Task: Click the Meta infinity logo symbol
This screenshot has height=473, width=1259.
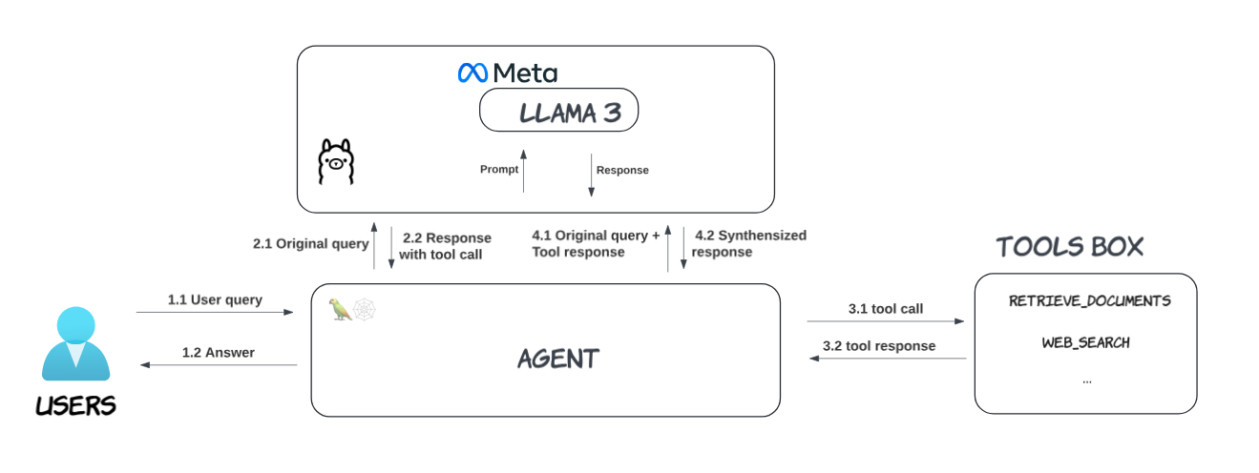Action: point(473,72)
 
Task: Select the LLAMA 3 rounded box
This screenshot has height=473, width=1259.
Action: point(558,113)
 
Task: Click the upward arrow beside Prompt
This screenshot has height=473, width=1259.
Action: point(523,171)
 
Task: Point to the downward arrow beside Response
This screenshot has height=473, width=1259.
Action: point(591,175)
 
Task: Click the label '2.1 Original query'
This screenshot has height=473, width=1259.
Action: point(310,244)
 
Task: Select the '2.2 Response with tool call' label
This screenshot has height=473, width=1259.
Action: point(446,246)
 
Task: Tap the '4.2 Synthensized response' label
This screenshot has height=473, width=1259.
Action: point(749,244)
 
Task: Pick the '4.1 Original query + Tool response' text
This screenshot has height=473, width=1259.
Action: point(595,244)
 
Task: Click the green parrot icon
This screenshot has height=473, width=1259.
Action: point(340,309)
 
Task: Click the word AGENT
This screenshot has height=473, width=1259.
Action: point(558,359)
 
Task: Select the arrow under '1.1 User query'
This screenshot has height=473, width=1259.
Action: point(215,312)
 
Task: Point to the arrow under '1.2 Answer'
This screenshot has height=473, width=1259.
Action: point(219,365)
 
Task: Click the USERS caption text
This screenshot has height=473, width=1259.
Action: point(75,406)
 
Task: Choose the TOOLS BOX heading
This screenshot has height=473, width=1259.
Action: point(1069,247)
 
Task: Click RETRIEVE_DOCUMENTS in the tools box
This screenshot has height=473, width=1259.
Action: point(1089,301)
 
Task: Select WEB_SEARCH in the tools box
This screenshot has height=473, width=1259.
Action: point(1085,342)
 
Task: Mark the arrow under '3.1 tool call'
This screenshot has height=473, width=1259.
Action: point(886,322)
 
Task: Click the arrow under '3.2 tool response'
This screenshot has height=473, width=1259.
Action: point(888,359)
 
